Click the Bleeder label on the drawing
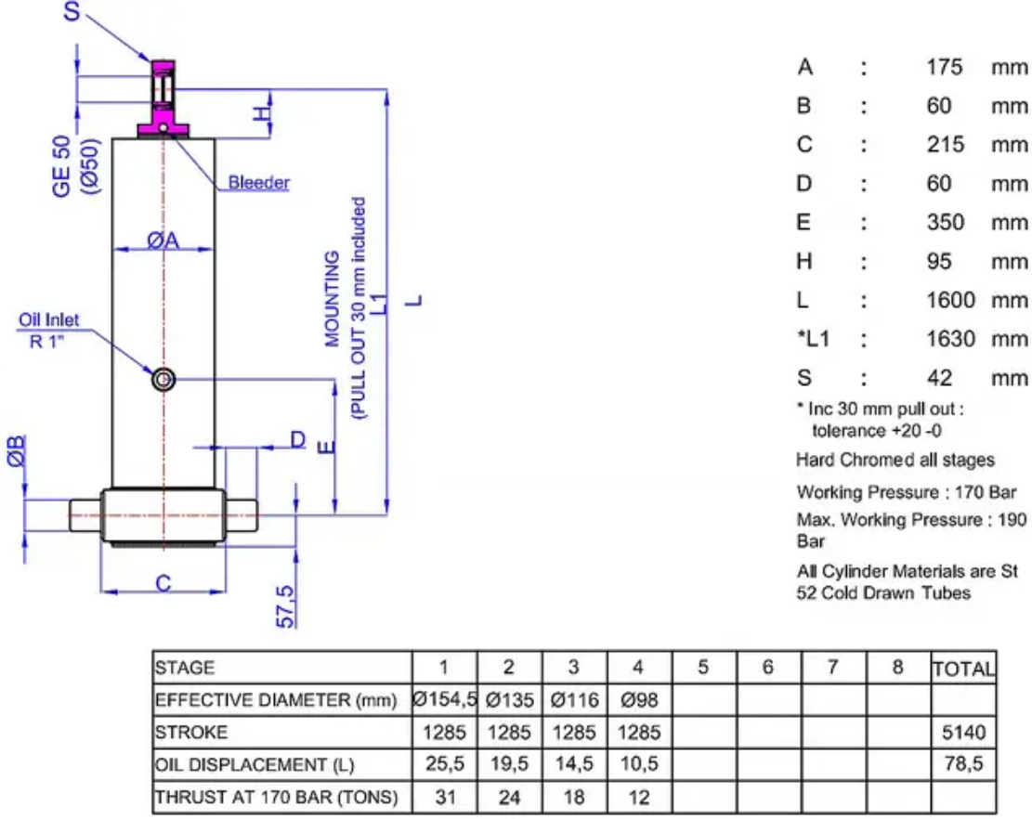pos(258,182)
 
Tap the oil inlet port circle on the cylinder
pos(163,380)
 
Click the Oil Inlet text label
pos(48,319)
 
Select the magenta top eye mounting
pos(163,98)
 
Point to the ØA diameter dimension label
pos(163,240)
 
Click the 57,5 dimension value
pos(286,605)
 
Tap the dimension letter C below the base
pos(163,583)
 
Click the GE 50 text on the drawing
pos(61,166)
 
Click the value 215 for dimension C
pos(945,144)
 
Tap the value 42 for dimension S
pos(939,378)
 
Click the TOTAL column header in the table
pos(963,669)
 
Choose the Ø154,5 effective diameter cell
pos(444,699)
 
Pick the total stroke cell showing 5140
pos(963,732)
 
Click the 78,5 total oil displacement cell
pos(963,763)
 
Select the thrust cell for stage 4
pos(639,798)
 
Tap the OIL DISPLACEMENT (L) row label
pos(254,765)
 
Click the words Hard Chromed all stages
pos(895,460)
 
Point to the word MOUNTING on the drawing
pos(333,299)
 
